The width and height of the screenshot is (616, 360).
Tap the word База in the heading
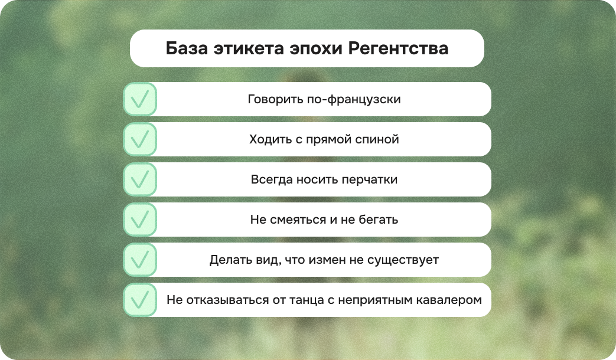(x=185, y=48)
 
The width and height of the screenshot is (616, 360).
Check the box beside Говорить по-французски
(x=140, y=99)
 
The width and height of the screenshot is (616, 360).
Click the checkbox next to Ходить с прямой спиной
(x=140, y=139)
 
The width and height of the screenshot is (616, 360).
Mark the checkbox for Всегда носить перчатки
(x=140, y=179)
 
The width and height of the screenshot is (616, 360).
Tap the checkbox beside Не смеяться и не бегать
(x=140, y=220)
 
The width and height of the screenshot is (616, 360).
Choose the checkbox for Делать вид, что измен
(x=140, y=260)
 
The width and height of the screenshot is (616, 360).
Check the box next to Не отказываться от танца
(x=140, y=300)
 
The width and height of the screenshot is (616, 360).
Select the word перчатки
(x=370, y=179)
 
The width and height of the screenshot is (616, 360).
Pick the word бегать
(x=379, y=220)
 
